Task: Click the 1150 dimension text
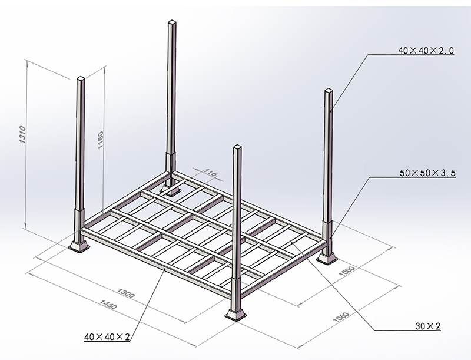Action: tap(101, 140)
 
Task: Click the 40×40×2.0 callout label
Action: tap(425, 51)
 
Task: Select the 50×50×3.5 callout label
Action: tap(425, 174)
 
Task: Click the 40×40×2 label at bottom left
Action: tap(108, 337)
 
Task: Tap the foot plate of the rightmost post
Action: tap(328, 257)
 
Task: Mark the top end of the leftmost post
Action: tap(81, 78)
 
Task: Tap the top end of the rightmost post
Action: tap(328, 91)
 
